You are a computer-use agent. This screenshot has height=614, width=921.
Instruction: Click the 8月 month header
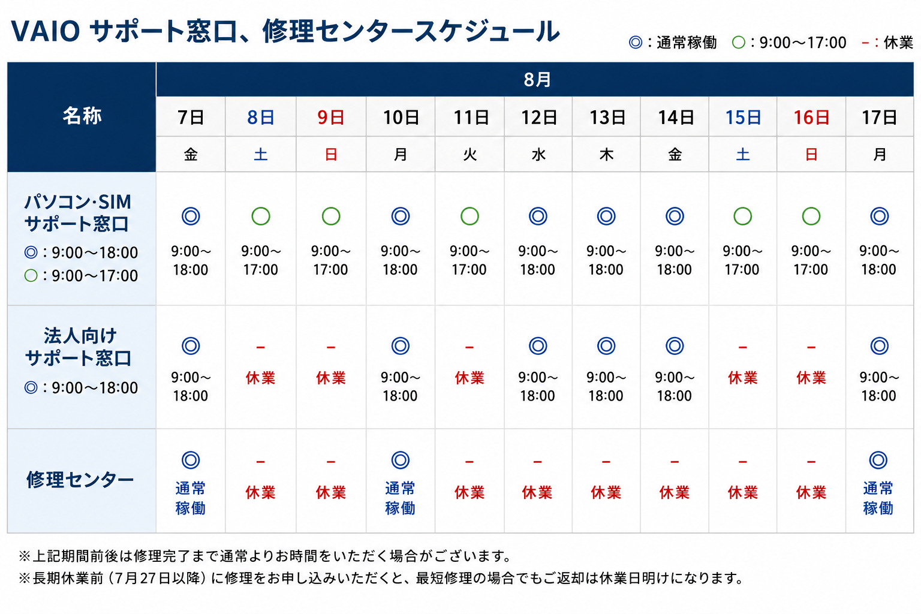(x=537, y=79)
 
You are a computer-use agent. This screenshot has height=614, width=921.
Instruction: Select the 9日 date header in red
(x=330, y=118)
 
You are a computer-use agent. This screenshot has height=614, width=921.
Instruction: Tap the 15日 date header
(x=742, y=118)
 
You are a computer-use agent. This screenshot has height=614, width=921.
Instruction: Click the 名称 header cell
(x=82, y=116)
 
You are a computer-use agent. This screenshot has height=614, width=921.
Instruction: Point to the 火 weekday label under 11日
(x=469, y=155)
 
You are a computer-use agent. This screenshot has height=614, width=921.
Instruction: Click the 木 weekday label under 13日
(x=606, y=155)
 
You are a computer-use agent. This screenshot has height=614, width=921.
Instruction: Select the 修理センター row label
(x=80, y=480)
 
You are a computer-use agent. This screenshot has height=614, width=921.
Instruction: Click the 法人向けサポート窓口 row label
(x=79, y=347)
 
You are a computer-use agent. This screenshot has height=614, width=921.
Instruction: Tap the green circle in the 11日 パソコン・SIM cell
(x=469, y=216)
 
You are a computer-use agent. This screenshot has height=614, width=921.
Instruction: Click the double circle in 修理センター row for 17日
(x=878, y=460)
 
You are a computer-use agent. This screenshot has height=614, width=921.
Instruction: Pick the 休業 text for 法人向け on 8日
(x=260, y=378)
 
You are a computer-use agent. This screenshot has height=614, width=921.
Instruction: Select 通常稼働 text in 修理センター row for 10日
(x=400, y=498)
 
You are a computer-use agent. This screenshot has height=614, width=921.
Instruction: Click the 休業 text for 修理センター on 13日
(x=606, y=492)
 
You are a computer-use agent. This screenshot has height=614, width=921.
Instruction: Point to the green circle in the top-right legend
(x=739, y=43)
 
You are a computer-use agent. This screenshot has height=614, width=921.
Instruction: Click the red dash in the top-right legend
(x=865, y=43)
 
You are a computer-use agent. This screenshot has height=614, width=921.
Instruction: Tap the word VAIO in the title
(x=45, y=31)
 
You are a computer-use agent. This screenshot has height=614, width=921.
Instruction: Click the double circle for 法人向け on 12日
(x=537, y=346)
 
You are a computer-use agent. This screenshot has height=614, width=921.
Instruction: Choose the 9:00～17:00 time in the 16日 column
(x=811, y=260)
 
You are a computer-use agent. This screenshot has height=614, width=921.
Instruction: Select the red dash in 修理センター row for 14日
(x=675, y=462)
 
